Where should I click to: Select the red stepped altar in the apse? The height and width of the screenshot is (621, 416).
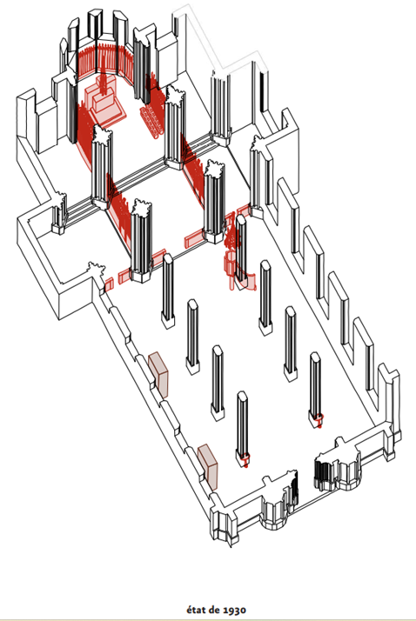pyautogui.click(x=105, y=103)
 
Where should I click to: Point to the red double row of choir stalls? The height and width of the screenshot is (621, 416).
pyautogui.click(x=151, y=122)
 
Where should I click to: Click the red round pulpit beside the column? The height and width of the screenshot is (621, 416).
pyautogui.click(x=229, y=263)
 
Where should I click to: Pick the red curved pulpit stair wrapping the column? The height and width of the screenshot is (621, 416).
pyautogui.click(x=246, y=281)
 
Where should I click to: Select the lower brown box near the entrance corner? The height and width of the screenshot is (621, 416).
pyautogui.click(x=208, y=467)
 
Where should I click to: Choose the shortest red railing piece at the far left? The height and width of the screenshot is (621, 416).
pyautogui.click(x=109, y=284)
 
